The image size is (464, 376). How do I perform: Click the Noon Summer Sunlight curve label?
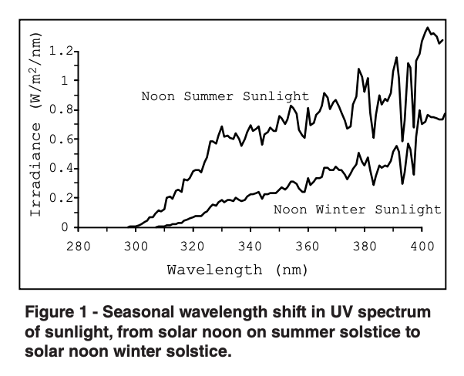(x=224, y=96)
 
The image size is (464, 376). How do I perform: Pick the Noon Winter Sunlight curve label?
(x=358, y=209)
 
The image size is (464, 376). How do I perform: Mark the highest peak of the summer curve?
(x=428, y=28)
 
